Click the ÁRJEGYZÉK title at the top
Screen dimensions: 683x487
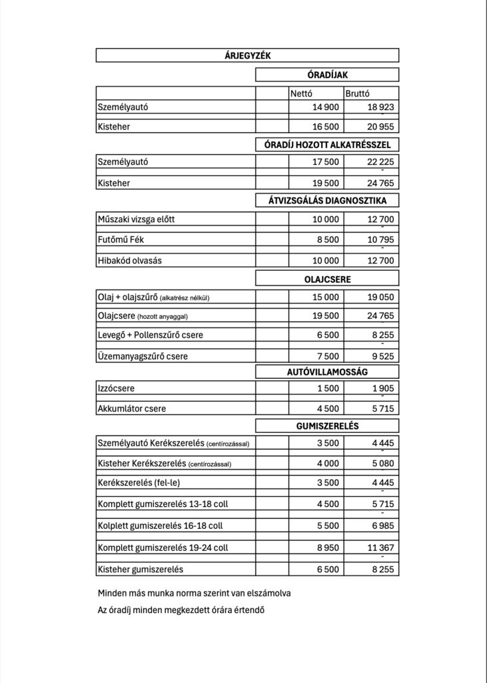click(247, 56)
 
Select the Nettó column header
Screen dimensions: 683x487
click(302, 94)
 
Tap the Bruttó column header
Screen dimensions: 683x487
click(358, 94)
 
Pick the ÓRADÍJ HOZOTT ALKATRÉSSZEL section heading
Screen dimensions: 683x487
click(327, 143)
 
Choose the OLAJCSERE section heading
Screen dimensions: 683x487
click(327, 279)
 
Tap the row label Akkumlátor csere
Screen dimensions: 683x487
click(132, 408)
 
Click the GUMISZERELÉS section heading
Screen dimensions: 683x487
click(327, 425)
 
